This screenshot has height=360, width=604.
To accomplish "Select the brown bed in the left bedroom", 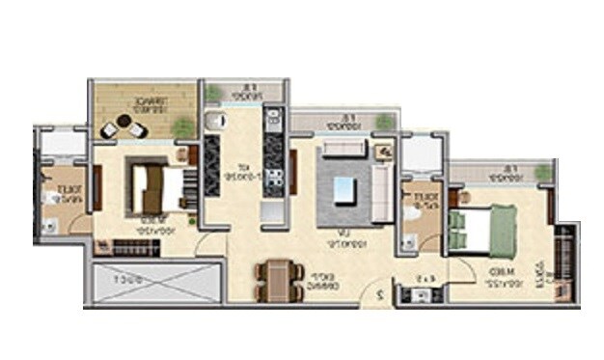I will (155, 186).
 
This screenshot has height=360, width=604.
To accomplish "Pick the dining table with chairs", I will (276, 282).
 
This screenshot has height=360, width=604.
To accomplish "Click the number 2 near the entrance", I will (384, 293).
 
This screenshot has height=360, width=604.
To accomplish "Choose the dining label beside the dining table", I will (317, 281).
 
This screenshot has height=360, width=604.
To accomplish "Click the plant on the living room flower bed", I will (386, 123).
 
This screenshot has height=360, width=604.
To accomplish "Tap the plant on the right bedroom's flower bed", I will (543, 173).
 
